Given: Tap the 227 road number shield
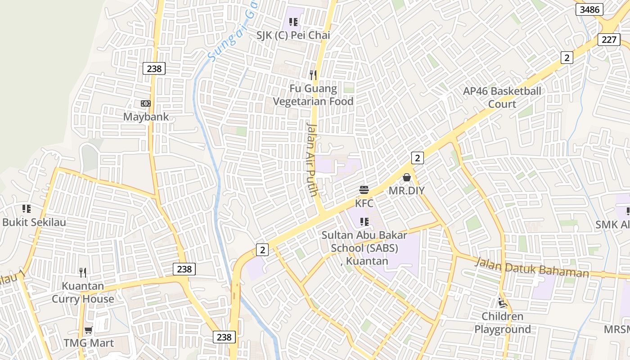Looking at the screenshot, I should [609, 40].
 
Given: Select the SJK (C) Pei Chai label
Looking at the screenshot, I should [293, 35].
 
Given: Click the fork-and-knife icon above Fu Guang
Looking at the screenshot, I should [313, 75].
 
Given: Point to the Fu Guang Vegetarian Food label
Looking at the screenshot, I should [313, 95].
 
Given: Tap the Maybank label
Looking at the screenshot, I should [146, 117].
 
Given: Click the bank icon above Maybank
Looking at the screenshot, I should [145, 103].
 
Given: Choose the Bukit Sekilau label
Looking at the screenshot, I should [34, 222].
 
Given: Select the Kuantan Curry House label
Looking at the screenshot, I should [83, 292].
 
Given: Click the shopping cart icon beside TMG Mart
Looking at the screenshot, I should [89, 330].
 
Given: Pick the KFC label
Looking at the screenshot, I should [364, 203].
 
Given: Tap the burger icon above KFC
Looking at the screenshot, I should [364, 190].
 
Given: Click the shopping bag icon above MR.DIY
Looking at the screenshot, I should [407, 177].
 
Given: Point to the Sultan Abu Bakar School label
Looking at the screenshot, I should [364, 248].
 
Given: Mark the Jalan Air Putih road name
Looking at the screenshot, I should [312, 159].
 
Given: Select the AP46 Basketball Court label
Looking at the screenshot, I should [502, 98].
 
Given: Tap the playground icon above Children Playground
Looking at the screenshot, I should [502, 303].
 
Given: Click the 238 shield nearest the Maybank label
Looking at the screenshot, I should [154, 68].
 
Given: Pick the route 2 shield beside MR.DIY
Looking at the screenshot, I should [418, 158].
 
